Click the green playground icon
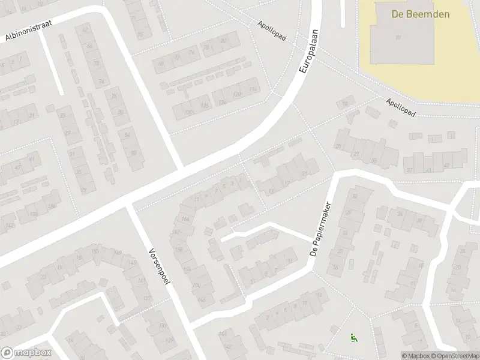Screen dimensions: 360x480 pyautogui.click(x=352, y=338)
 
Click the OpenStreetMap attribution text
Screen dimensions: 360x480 pyautogui.click(x=454, y=356)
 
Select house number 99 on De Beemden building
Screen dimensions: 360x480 pyautogui.click(x=397, y=38)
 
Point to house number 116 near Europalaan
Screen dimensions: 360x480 pyautogui.click(x=253, y=89)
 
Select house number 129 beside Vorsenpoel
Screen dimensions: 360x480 pyautogui.click(x=169, y=341)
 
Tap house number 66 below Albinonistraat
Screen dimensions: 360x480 pyautogui.click(x=90, y=47)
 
